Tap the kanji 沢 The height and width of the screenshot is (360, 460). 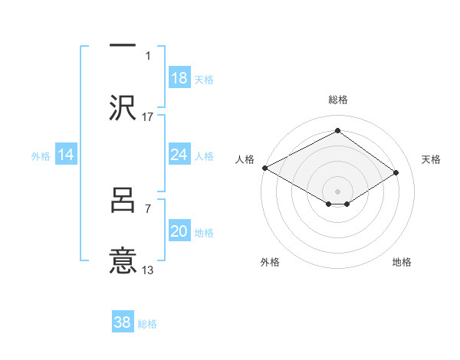(123, 108)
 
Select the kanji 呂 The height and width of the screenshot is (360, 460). (123, 201)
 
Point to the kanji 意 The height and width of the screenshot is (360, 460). (123, 260)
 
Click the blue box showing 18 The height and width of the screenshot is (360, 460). (179, 78)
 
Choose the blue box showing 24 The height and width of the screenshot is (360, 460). (179, 155)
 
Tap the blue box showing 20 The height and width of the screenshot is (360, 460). (179, 231)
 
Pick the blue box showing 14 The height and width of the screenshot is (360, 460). (66, 155)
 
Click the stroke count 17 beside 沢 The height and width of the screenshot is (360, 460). (148, 116)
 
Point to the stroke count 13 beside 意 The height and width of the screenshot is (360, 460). (148, 270)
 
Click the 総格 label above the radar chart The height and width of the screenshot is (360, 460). (337, 100)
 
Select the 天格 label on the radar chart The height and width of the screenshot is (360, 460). (432, 159)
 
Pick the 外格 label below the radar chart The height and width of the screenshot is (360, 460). (270, 262)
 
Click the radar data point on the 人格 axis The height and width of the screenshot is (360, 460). (264, 168)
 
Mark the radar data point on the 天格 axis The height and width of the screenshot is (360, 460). (396, 173)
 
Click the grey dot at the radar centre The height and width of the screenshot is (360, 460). (337, 189)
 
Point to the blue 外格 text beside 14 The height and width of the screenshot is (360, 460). (41, 155)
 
